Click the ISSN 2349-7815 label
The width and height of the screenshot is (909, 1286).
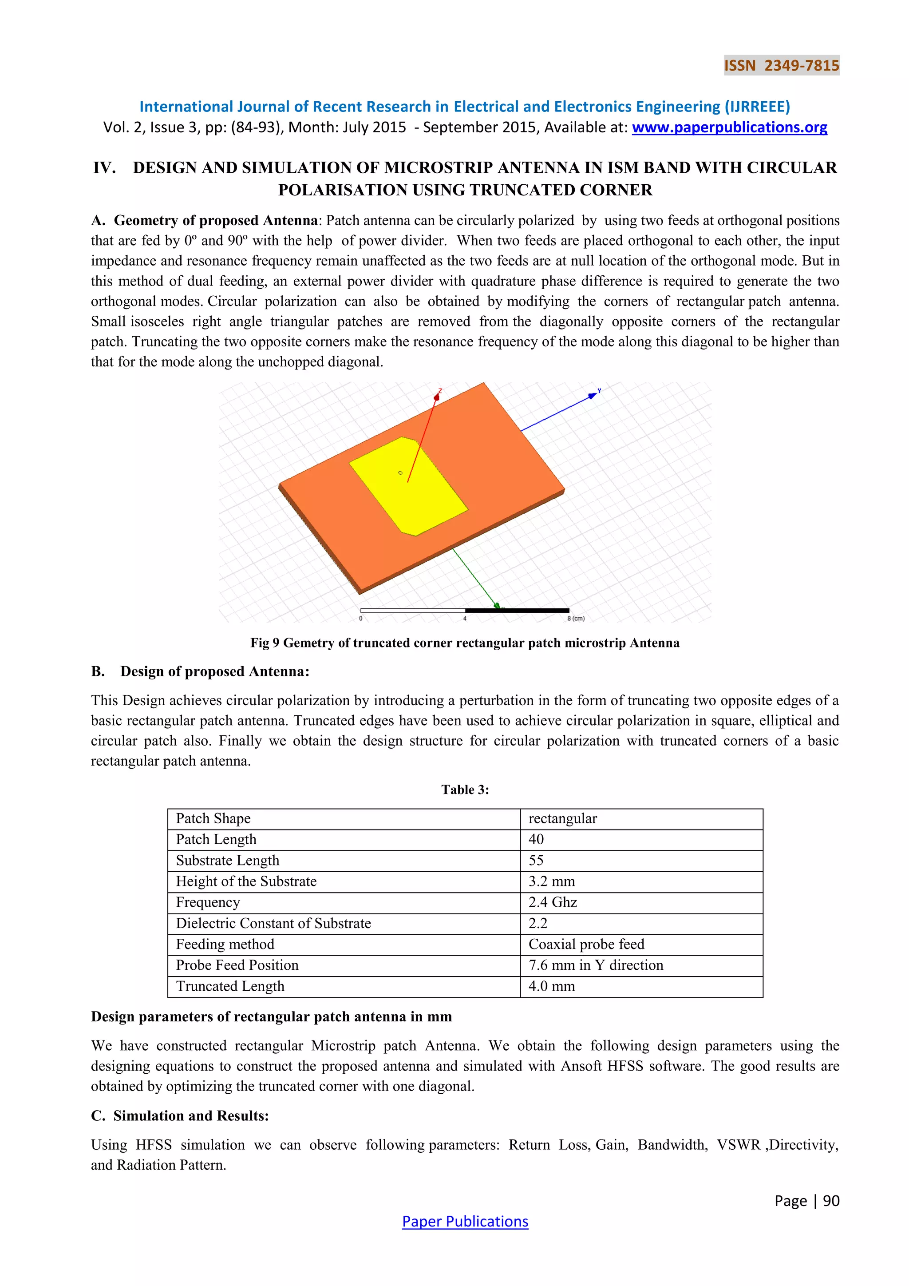point(781,66)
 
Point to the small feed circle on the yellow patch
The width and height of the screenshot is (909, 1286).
point(400,473)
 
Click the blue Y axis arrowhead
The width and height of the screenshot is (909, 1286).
point(592,396)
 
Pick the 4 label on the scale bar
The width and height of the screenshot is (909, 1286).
point(465,619)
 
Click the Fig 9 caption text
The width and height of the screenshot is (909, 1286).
point(465,643)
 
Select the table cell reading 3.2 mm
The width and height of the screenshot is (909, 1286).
point(551,881)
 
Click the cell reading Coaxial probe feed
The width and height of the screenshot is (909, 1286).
point(586,945)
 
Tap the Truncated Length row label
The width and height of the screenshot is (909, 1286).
point(230,986)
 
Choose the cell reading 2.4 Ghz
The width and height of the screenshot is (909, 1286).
point(553,902)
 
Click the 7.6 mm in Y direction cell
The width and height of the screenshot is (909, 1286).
point(596,965)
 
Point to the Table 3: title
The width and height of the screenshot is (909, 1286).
point(465,790)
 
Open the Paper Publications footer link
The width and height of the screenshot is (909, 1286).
point(465,1222)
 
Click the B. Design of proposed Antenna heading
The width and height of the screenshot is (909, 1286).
point(200,671)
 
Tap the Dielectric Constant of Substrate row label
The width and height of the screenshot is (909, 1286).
point(273,923)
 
